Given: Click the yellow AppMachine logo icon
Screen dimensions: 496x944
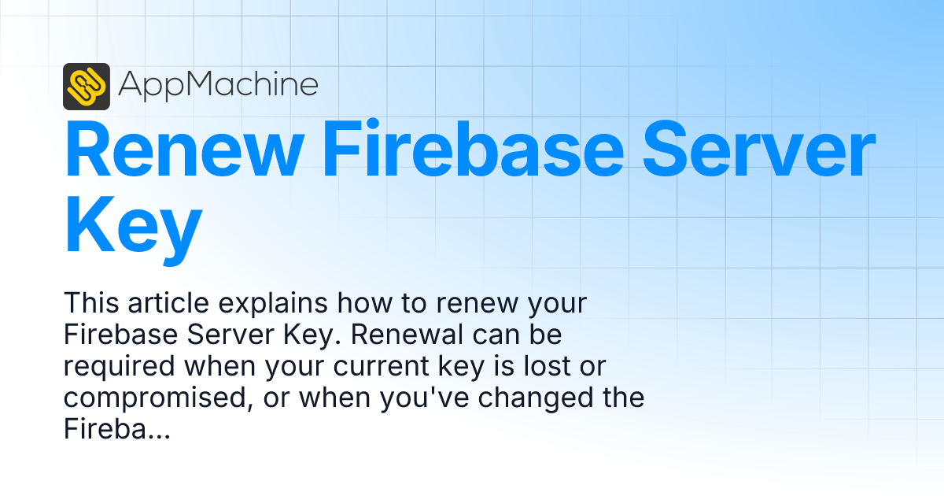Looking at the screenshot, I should pyautogui.click(x=86, y=86).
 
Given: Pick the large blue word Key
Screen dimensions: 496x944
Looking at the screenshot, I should pyautogui.click(x=132, y=226).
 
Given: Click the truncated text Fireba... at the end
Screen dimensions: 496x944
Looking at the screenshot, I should pyautogui.click(x=116, y=429).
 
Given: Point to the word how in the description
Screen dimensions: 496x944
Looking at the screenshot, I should pyautogui.click(x=352, y=303).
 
